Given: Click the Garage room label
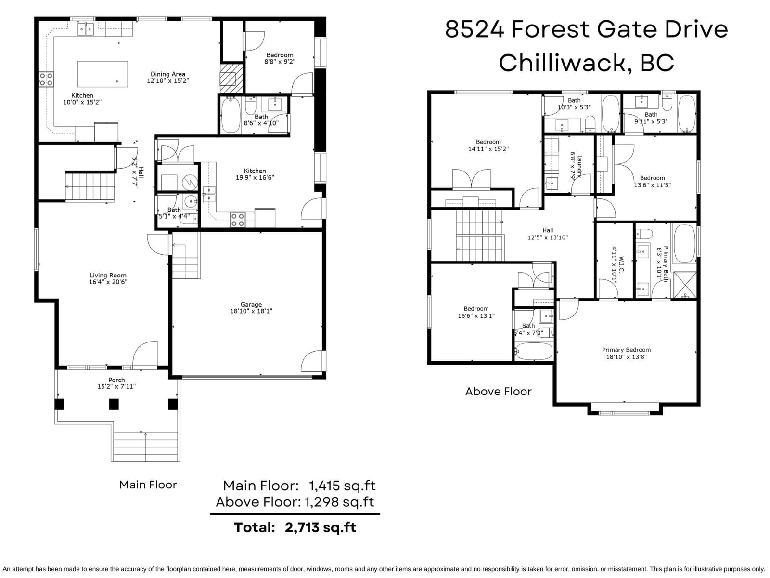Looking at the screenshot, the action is tap(251, 304).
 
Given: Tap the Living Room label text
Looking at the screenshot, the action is tap(108, 276).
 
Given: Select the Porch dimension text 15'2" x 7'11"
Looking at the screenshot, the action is tap(116, 386).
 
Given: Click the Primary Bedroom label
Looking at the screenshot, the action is tap(626, 350).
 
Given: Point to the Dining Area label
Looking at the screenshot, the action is tap(167, 74).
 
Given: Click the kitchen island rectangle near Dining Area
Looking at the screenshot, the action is tap(103, 74).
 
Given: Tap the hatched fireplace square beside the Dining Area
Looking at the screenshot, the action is tap(231, 79).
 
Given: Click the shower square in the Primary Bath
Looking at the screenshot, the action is tap(685, 285).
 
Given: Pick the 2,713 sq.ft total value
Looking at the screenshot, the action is tap(321, 527).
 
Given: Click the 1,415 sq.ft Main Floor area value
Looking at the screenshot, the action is tap(342, 486).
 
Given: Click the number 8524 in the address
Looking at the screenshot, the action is tap(475, 29).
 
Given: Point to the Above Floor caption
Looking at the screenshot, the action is tap(498, 391).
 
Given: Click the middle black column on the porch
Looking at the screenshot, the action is tap(114, 404).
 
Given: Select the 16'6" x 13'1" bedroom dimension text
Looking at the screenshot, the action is tap(476, 316).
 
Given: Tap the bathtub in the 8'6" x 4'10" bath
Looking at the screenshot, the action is tap(231, 115).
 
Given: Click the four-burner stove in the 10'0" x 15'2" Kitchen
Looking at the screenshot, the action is tap(46, 79).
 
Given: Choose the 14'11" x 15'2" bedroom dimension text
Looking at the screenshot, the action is tap(488, 149).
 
